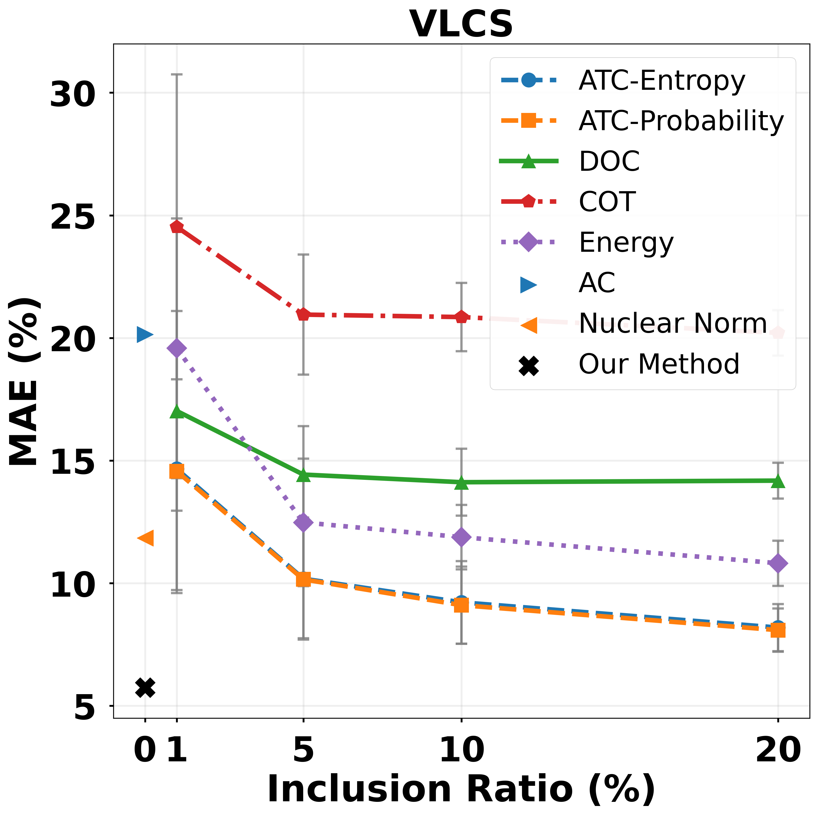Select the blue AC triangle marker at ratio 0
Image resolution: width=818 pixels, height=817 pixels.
coord(145,335)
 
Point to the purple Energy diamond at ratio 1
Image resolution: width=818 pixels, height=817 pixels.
coord(176,348)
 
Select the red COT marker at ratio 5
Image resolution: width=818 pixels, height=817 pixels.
coord(303,315)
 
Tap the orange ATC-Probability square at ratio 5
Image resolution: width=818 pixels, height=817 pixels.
coord(303,579)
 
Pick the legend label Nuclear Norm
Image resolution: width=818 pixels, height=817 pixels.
coord(672,324)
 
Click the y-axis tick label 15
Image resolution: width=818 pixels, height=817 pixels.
coord(72,461)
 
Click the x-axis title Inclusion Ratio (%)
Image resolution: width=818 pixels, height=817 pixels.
coord(461,789)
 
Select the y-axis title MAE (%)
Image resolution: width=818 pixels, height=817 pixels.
coord(25,381)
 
